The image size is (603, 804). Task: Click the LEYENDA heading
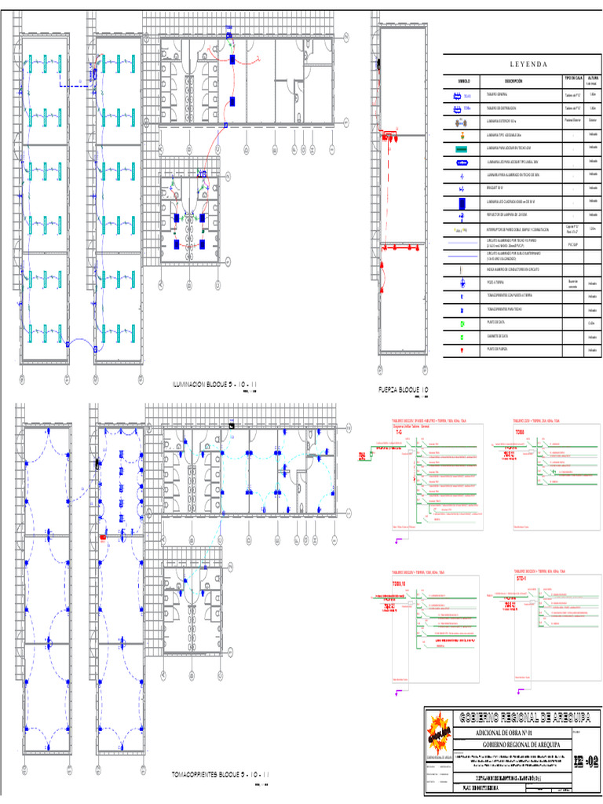[522, 64]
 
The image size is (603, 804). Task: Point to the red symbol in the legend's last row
[462, 349]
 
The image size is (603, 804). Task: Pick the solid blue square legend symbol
[462, 203]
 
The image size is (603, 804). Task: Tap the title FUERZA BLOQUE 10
[404, 389]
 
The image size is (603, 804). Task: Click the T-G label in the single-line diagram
[398, 433]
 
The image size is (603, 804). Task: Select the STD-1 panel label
[521, 579]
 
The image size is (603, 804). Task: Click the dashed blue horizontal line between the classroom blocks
[77, 86]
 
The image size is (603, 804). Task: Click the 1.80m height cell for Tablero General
[593, 95]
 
